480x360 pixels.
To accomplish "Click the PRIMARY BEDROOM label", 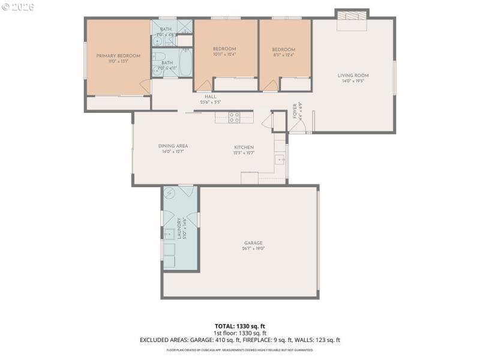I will pyautogui.click(x=118, y=56).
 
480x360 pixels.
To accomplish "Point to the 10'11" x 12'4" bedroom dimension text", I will pyautogui.click(x=225, y=55).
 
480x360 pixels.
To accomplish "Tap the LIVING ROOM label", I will pyautogui.click(x=353, y=76).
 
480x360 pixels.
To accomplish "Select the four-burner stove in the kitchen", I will pyautogui.click(x=235, y=117).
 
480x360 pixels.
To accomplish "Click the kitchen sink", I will pyautogui.click(x=280, y=160).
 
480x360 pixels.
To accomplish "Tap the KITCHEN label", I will pyautogui.click(x=244, y=147).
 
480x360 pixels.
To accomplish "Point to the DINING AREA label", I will pyautogui.click(x=173, y=146).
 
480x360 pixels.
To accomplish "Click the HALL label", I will pyautogui.click(x=210, y=97).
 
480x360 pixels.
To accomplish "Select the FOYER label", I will pyautogui.click(x=295, y=111).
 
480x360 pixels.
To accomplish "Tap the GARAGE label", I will pyautogui.click(x=253, y=243).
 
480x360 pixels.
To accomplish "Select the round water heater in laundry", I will pyautogui.click(x=169, y=193).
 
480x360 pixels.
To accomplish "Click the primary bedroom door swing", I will pyautogui.click(x=144, y=88).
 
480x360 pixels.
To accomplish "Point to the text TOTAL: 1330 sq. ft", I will pyautogui.click(x=240, y=326).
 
